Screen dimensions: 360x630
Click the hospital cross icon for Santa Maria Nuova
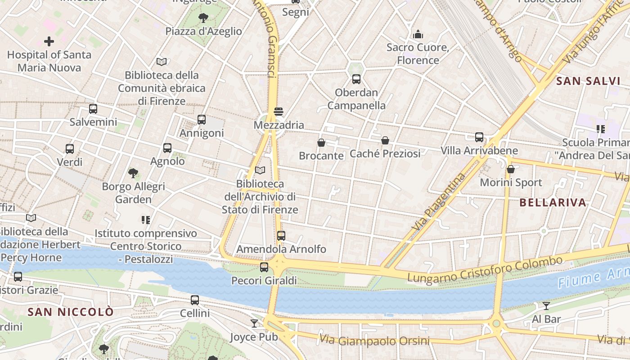[49, 41]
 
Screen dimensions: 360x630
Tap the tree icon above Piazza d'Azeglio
[203, 18]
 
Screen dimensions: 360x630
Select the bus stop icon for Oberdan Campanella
[356, 79]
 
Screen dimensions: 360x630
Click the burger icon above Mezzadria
[279, 112]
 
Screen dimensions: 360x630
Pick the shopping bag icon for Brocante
[321, 143]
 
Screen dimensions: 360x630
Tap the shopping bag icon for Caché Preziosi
[385, 140]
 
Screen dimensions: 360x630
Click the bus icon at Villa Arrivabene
[479, 137]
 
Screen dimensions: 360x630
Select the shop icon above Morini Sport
[511, 169]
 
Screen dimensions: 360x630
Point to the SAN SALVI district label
[588, 81]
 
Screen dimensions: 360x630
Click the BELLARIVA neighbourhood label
[553, 202]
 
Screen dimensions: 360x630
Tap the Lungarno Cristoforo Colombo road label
[485, 269]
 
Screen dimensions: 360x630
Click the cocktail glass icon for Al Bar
[546, 306]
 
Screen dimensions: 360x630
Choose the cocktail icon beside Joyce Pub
[254, 324]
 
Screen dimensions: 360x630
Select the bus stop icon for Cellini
[195, 300]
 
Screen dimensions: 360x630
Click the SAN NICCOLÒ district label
[71, 312]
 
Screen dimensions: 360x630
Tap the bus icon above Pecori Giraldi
[264, 267]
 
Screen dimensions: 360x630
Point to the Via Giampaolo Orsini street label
[374, 340]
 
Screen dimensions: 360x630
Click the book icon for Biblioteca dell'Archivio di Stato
[260, 170]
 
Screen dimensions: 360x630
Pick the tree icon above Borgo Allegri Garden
[133, 173]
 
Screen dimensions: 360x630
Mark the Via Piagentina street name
[439, 202]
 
